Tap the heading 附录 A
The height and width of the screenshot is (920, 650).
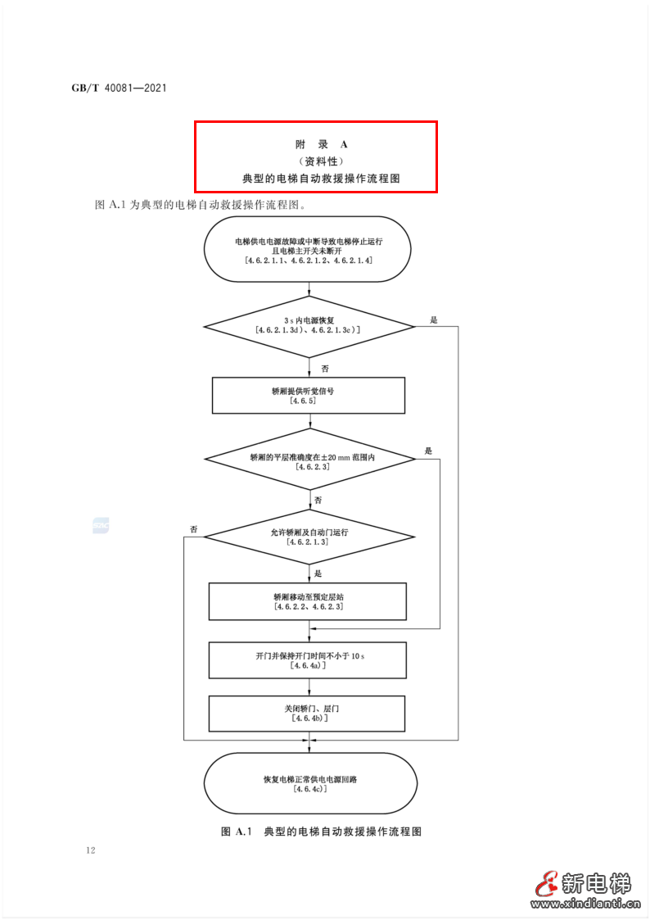pyautogui.click(x=315, y=143)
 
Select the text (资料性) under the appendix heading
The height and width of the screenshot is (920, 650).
pyautogui.click(x=315, y=161)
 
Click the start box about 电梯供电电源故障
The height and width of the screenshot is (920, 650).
pyautogui.click(x=309, y=250)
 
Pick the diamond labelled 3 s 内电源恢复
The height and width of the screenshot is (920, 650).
pyautogui.click(x=309, y=326)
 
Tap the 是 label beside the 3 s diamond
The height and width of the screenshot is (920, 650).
pyautogui.click(x=434, y=320)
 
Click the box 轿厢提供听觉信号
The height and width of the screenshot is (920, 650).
pyautogui.click(x=309, y=396)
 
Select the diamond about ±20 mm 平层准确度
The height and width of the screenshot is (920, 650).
pyautogui.click(x=309, y=460)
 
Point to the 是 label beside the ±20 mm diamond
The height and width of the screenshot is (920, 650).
pyautogui.click(x=428, y=451)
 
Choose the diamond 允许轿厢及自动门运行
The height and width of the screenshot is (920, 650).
pyautogui.click(x=309, y=537)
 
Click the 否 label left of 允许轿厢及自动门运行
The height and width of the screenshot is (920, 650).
pyautogui.click(x=194, y=529)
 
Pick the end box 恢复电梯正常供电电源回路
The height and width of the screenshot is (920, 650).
pyautogui.click(x=309, y=783)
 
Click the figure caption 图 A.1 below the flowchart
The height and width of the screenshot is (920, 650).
pyautogui.click(x=321, y=832)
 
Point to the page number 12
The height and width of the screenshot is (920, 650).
pyautogui.click(x=90, y=850)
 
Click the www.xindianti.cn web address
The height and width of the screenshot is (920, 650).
pyautogui.click(x=585, y=905)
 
